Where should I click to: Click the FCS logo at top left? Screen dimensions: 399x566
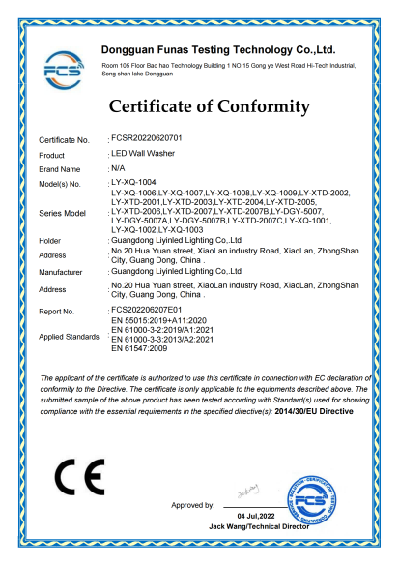[63, 68]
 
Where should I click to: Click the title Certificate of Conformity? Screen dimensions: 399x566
[210, 106]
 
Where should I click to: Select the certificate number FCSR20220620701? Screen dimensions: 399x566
[153, 141]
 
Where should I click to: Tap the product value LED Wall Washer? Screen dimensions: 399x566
[142, 154]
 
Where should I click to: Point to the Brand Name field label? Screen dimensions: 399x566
[59, 168]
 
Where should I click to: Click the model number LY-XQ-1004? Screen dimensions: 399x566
[133, 182]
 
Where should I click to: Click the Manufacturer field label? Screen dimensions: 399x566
[63, 274]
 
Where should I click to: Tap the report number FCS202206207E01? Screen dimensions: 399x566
[154, 311]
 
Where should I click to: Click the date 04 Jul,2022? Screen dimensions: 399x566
[257, 518]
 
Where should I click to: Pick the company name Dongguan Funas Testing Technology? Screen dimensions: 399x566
[217, 48]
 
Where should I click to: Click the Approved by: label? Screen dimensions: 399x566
[192, 505]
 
